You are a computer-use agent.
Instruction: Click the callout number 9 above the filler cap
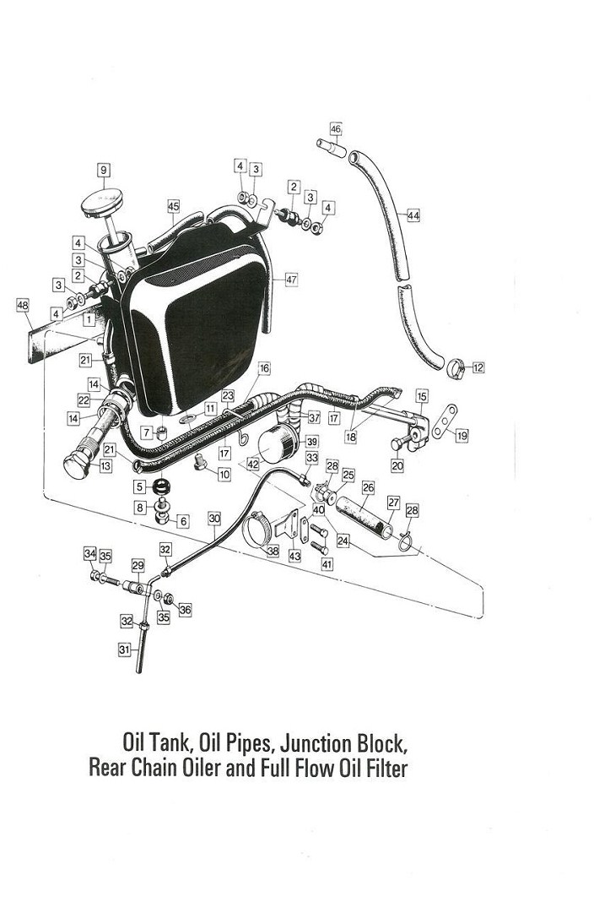[x=104, y=170]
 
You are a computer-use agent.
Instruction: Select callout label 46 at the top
[x=336, y=128]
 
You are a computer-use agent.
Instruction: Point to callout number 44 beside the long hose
[x=413, y=215]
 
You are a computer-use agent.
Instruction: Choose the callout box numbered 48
[x=23, y=305]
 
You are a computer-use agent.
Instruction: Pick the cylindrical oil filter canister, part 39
[x=278, y=443]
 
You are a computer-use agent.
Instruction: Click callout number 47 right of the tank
[x=291, y=280]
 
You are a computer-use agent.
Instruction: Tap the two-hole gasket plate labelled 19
[x=445, y=421]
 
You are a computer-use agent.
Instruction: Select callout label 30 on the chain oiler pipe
[x=214, y=518]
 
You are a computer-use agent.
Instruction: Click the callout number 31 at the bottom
[x=125, y=649]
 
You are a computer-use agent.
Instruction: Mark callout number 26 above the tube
[x=368, y=487]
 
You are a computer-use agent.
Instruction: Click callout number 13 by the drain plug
[x=105, y=466]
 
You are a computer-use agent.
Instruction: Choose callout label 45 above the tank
[x=173, y=206]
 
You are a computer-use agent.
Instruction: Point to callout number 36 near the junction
[x=185, y=610]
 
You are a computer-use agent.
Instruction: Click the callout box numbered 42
[x=252, y=464]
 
